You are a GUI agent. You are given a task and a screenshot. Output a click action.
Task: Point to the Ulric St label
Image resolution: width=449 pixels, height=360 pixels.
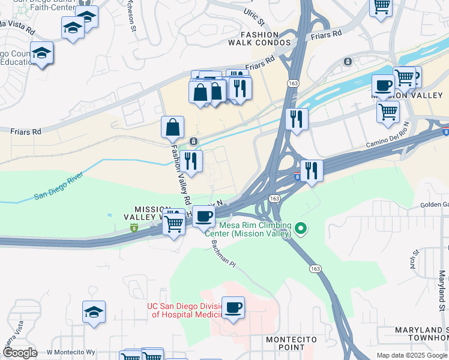pyautogui.click(x=254, y=13)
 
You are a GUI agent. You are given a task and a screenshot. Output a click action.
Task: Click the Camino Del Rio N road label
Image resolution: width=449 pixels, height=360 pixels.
pyautogui.click(x=387, y=138)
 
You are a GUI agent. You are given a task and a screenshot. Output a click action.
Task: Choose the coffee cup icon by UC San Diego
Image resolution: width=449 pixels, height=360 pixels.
pyautogui.click(x=233, y=308)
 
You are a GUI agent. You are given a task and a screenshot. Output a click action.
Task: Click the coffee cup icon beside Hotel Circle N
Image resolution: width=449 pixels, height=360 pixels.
pyautogui.click(x=203, y=216)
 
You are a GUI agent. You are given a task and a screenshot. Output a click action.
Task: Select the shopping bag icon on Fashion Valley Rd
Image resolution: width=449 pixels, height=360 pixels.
pyautogui.click(x=172, y=127)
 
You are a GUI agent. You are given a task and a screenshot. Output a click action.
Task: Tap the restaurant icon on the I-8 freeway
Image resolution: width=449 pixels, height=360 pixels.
pyautogui.click(x=312, y=170)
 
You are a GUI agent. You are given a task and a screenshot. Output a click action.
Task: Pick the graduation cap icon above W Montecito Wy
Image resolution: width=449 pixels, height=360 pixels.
pyautogui.click(x=94, y=312)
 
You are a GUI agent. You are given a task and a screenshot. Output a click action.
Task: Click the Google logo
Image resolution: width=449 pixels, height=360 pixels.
pyautogui.click(x=19, y=353)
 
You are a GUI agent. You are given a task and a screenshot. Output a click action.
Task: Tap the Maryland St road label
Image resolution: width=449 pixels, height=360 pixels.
pyautogui.click(x=442, y=289)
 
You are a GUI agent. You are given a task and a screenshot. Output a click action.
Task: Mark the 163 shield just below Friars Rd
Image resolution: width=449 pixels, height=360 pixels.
pyautogui.click(x=293, y=83)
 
